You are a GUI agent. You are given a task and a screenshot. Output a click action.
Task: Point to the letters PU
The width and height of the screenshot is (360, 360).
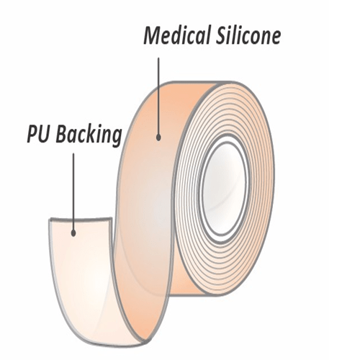pos(38,135)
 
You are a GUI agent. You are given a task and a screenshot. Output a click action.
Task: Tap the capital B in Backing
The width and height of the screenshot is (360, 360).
pos(60,135)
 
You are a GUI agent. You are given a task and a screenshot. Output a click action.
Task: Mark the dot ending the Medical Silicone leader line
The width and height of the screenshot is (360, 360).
pos(158,134)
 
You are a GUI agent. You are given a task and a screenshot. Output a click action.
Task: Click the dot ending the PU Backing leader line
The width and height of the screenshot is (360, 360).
pos(73,232)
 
